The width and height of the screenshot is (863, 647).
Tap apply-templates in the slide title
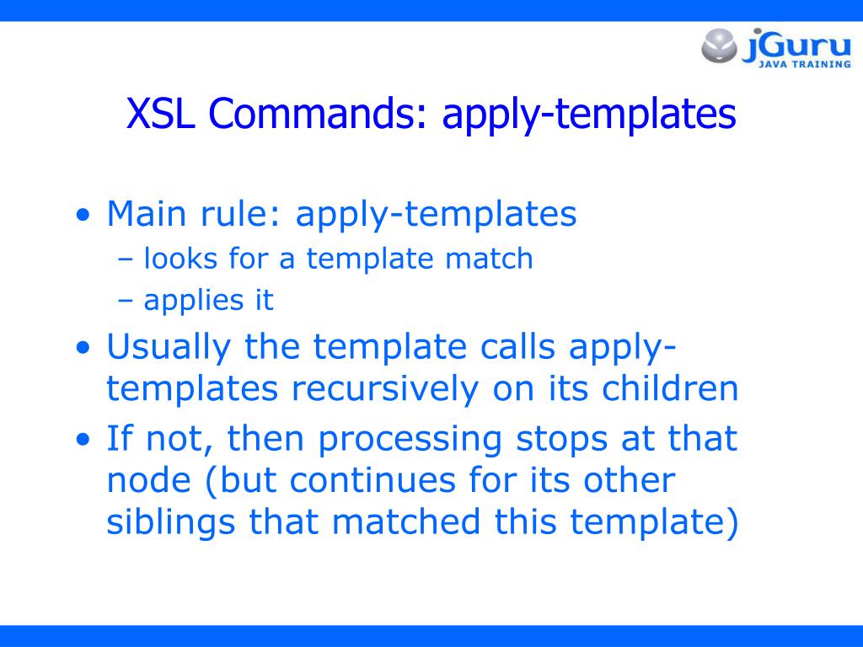coord(589,115)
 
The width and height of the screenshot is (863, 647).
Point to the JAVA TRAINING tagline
coord(804,65)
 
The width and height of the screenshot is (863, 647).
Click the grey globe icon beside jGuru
coord(720,45)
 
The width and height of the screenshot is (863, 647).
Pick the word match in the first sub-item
coord(490,259)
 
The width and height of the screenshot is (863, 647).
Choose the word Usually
coord(169,347)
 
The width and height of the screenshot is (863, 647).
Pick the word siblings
coord(171,523)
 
